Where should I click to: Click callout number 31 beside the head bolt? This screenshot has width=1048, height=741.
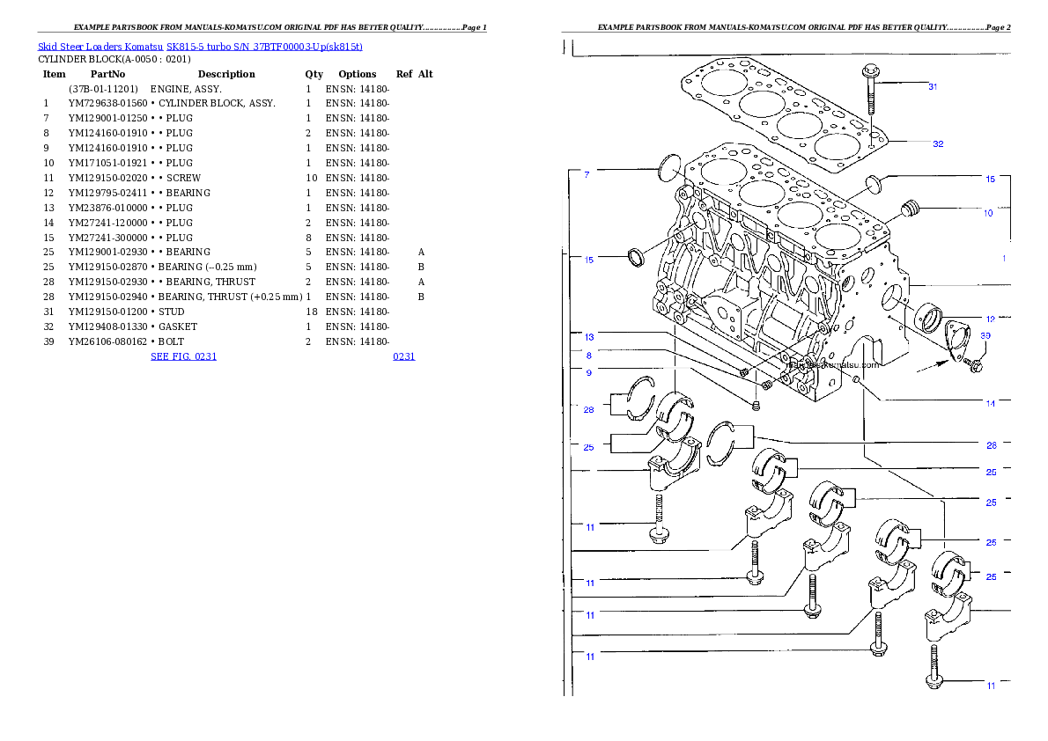pos(933,86)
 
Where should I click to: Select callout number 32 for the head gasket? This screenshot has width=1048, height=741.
pos(938,143)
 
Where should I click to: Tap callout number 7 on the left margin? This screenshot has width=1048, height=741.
pos(587,175)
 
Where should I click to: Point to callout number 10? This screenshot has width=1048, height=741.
pos(988,213)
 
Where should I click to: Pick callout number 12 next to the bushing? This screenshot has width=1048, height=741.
pos(991,319)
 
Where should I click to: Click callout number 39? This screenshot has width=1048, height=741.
pos(985,335)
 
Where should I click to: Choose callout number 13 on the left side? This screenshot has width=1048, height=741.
pos(589,336)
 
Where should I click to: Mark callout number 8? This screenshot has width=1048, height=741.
pos(588,356)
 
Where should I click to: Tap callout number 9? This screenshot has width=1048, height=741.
pos(588,372)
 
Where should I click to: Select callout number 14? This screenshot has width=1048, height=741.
pos(991,404)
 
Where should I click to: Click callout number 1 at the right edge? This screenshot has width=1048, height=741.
pos(1003,258)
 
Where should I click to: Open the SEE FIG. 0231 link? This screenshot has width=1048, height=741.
pos(183,356)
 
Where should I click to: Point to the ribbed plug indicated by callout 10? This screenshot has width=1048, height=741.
pos(911,209)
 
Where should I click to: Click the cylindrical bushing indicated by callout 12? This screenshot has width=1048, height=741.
pos(928,317)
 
